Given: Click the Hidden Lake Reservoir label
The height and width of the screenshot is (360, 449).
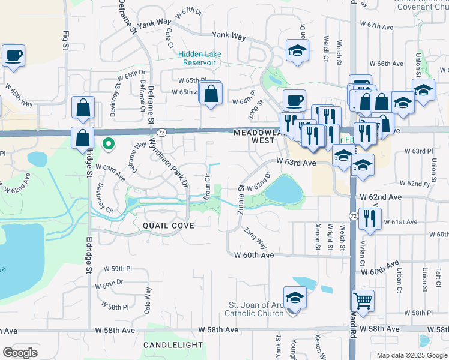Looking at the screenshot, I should (x=200, y=58).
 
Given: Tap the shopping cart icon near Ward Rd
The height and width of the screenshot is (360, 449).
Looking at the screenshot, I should (x=363, y=299).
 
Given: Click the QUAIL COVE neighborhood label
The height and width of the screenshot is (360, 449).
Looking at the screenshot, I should (x=169, y=226).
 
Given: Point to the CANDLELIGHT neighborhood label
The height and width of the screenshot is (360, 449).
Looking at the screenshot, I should (x=173, y=345).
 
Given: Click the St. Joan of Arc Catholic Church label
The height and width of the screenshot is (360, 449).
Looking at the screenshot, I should (x=255, y=309).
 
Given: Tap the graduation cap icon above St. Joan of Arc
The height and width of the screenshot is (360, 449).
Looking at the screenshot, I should (x=295, y=298).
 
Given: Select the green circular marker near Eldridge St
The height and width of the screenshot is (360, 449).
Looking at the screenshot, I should (x=109, y=143).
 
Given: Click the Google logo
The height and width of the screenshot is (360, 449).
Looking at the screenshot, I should (x=20, y=352).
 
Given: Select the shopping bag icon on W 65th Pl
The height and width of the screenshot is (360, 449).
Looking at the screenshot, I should (x=211, y=94).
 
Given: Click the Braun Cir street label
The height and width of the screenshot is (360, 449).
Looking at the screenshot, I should (x=208, y=187).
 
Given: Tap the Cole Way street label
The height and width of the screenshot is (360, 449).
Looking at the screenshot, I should (x=147, y=301).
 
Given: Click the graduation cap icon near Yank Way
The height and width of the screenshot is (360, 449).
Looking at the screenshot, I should (x=297, y=51).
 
